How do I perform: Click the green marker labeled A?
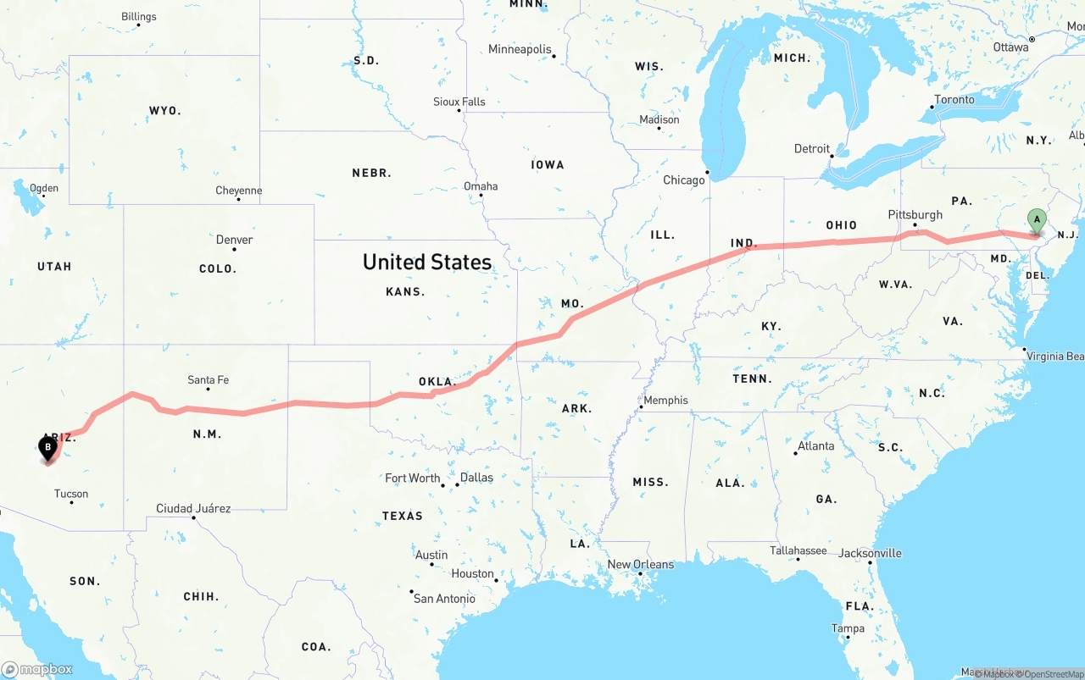click(1036, 220)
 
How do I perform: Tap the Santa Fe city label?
click(209, 380)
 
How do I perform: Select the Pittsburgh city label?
click(915, 215)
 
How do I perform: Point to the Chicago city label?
click(684, 180)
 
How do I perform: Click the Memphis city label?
click(666, 401)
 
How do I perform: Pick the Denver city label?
click(235, 240)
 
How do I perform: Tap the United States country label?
click(427, 262)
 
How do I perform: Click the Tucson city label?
click(71, 494)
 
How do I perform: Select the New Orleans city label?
click(641, 565)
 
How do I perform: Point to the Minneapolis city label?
click(520, 50)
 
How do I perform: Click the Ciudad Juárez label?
click(193, 509)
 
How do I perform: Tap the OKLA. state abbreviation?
click(437, 382)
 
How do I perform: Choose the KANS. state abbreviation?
click(405, 291)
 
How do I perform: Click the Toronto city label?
click(954, 100)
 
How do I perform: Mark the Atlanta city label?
click(816, 446)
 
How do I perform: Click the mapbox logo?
click(37, 669)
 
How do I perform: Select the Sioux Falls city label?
click(459, 102)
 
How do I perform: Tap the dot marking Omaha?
click(481, 196)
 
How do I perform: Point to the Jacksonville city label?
click(870, 554)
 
